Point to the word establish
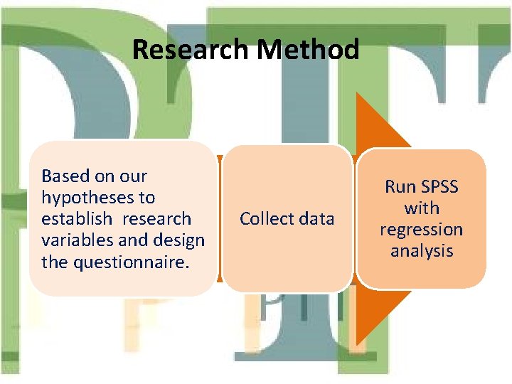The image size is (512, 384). coord(76,219)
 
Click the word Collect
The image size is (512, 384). coord(265,219)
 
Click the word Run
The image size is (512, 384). coord(398,187)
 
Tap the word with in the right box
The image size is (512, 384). coord(422,208)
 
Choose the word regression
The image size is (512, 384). coord(422,230)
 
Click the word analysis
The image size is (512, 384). coord(422,251)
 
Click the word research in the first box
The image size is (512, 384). coord(156,219)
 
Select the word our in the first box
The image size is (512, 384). coord(132,176)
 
